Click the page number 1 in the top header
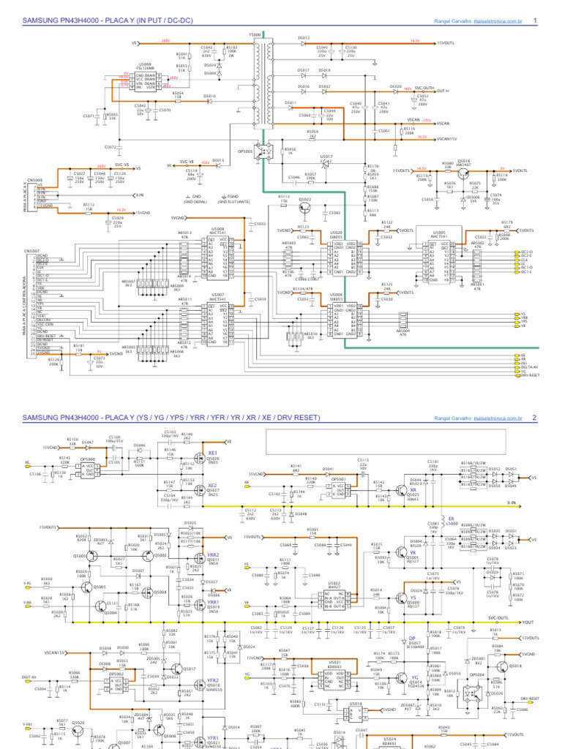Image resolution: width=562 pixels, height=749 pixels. pos(536,20)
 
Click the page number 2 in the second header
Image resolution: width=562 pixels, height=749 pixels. pos(536,418)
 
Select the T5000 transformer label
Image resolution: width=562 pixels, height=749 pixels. pos(254,34)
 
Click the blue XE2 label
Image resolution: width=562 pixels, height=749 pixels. pos(212,486)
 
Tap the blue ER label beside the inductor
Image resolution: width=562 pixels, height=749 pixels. pos(452,518)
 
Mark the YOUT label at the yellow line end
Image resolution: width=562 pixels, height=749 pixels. pos(527,622)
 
